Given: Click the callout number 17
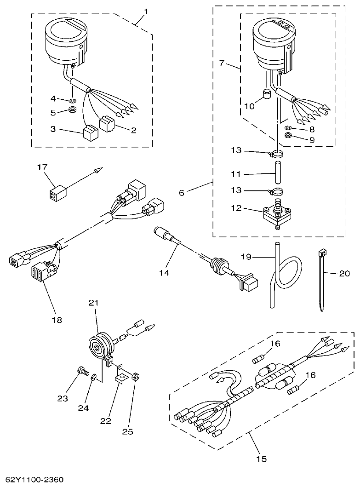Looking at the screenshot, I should point(42,167).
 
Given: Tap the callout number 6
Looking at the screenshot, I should point(182,192).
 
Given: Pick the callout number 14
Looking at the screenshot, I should point(164,273).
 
